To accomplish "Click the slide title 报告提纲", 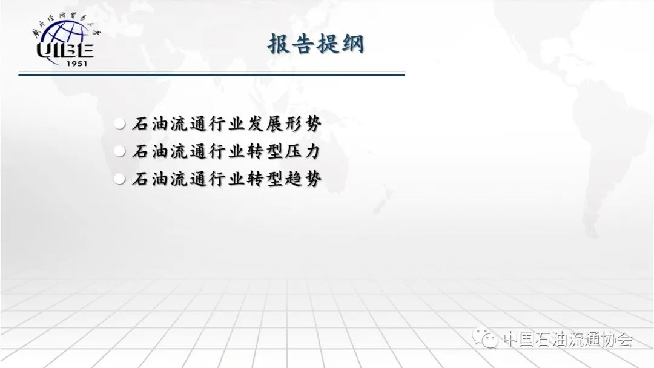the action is click(x=315, y=44).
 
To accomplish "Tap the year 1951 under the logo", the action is click(x=77, y=64).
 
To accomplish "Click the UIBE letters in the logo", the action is click(x=65, y=50).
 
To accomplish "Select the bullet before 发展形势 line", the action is click(x=120, y=124).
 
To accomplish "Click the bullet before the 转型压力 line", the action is click(x=120, y=151).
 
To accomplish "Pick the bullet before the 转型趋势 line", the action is click(x=120, y=179).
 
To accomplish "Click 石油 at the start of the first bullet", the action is click(x=150, y=124).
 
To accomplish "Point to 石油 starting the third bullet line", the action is click(x=150, y=179).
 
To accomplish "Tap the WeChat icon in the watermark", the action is click(x=485, y=338).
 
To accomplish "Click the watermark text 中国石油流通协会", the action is click(x=567, y=339).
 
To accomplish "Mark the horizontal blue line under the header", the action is click(x=211, y=74).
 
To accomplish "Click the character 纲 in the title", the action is click(x=353, y=44).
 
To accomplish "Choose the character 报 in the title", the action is click(x=278, y=44).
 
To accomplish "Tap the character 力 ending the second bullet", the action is click(x=312, y=151).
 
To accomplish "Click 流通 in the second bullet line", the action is click(x=188, y=151).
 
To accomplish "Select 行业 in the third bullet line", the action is click(x=226, y=179).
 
